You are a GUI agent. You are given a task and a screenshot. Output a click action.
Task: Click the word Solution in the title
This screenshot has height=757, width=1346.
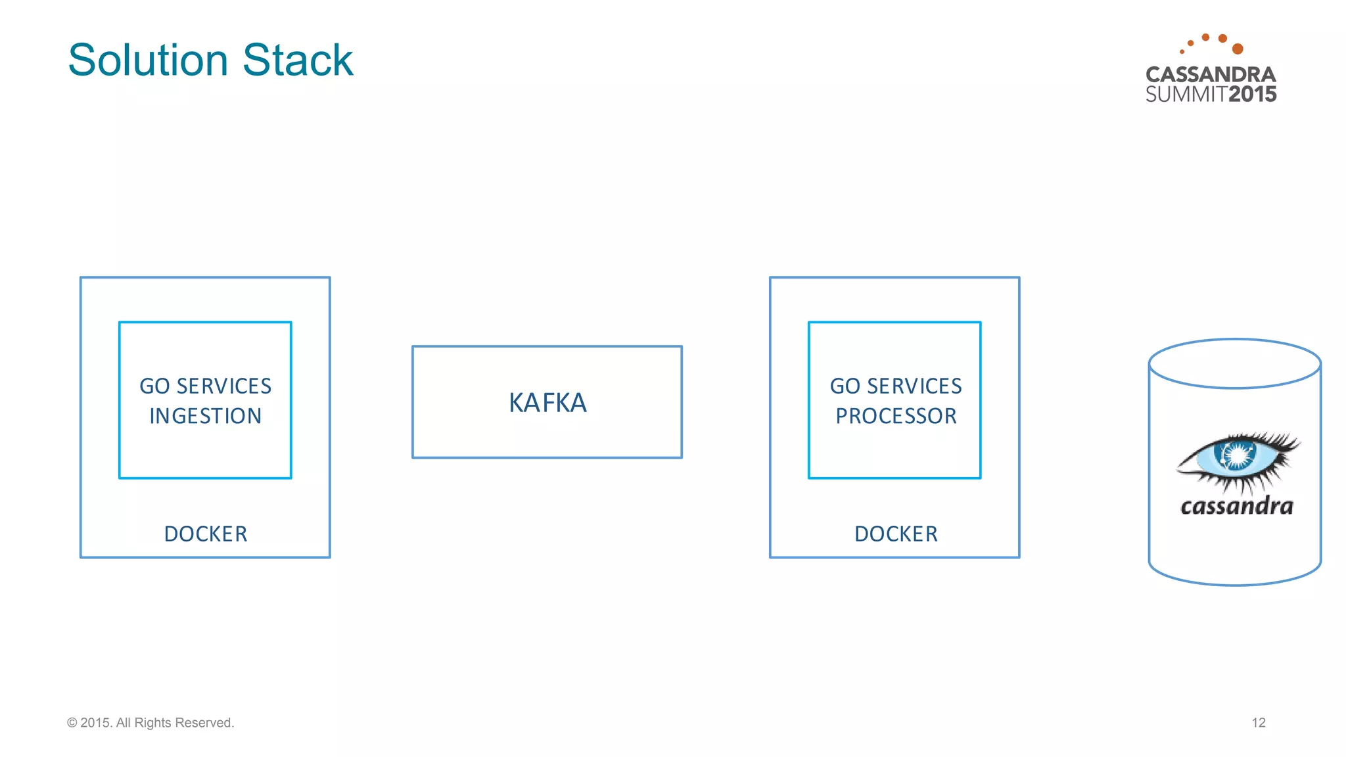coord(148,60)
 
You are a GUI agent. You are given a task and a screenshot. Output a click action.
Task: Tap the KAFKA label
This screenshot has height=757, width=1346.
coord(547,403)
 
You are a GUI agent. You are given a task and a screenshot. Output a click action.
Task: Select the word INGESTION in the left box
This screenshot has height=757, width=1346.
coord(206,416)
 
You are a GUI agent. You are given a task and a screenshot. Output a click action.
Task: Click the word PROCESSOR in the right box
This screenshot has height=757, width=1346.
coord(896,416)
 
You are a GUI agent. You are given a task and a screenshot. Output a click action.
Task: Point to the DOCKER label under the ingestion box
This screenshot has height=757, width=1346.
coord(206,534)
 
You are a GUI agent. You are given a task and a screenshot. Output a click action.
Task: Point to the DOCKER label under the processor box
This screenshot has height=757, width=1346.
coord(896,534)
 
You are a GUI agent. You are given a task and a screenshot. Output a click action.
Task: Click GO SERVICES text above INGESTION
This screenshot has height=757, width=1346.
coord(206,386)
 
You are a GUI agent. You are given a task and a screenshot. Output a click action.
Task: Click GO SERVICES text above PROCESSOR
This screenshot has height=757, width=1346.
coord(896,386)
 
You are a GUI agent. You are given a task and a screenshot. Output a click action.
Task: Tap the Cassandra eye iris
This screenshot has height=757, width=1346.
coord(1238,455)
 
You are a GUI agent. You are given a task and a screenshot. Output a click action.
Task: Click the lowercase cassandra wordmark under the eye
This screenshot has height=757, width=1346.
coord(1237,506)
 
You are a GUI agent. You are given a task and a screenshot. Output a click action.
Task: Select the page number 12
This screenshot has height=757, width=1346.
coord(1258,723)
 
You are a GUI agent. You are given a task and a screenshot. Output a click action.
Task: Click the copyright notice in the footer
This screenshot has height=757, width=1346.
coord(151,723)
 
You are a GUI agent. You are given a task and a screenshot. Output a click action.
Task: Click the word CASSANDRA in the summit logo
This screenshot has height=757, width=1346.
coord(1211,74)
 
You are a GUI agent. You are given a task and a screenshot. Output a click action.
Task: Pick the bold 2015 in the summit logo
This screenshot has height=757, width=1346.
coord(1252,95)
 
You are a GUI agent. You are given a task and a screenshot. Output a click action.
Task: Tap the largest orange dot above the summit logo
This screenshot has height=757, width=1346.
coord(1238,49)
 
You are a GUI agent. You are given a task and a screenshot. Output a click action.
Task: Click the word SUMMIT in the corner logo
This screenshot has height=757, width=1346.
coord(1186,95)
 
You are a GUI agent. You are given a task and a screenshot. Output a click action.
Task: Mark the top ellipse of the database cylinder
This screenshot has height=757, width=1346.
coord(1234,364)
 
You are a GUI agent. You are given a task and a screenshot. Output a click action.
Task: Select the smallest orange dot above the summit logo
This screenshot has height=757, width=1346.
coord(1182,51)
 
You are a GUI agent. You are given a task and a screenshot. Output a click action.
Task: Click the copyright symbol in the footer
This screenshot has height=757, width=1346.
coord(72,723)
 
